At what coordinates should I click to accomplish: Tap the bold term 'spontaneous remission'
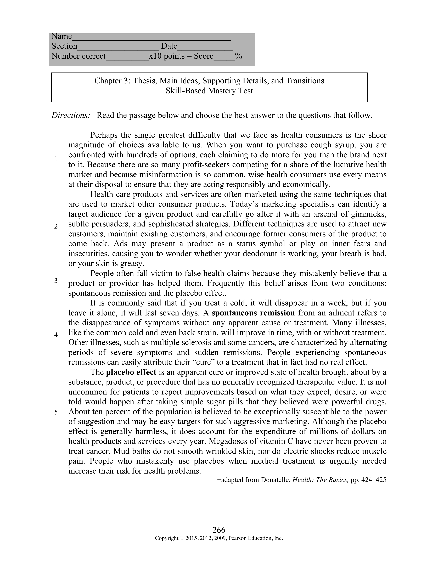(x=253, y=313)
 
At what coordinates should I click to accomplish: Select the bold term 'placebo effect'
(x=131, y=372)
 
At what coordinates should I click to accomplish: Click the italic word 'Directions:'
(x=71, y=115)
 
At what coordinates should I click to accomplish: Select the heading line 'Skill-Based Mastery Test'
(x=209, y=91)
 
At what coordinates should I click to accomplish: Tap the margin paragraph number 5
(x=56, y=412)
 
